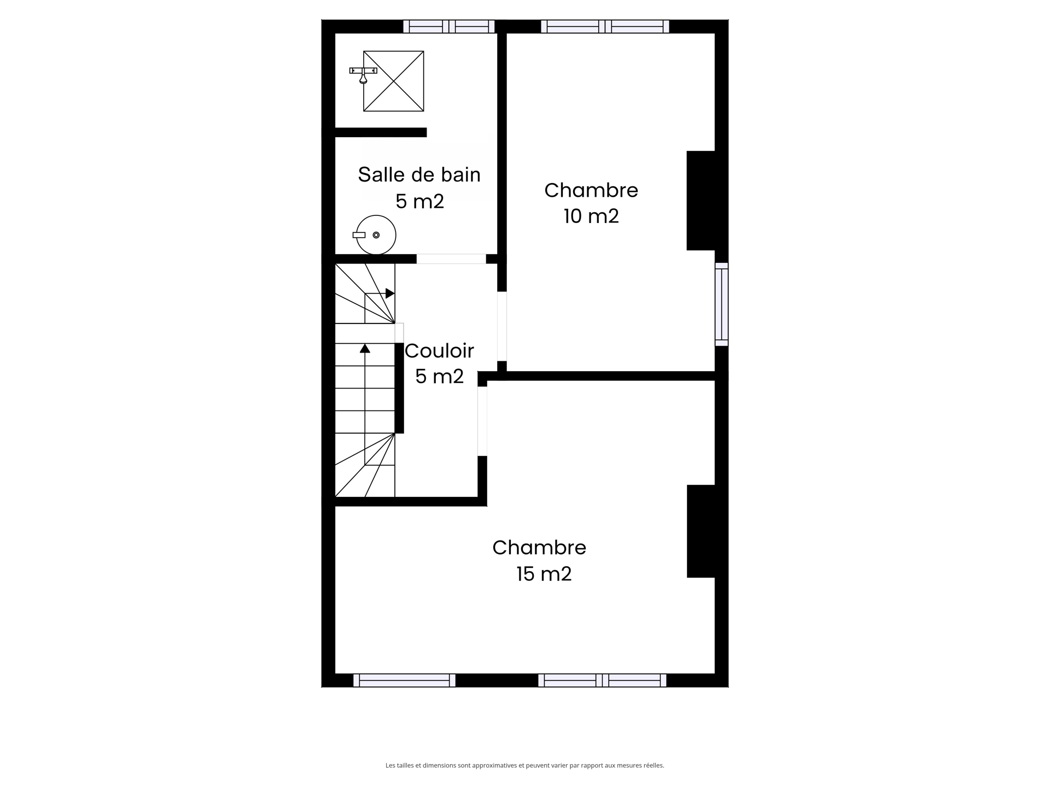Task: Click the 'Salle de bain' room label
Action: click(419, 175)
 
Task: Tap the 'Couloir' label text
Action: click(439, 351)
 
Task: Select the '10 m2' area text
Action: click(591, 216)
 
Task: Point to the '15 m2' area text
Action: click(544, 574)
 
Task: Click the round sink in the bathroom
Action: click(376, 235)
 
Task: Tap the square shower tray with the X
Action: click(394, 81)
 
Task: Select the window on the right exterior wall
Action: click(721, 304)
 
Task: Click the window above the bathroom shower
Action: click(449, 26)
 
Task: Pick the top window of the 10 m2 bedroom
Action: click(605, 26)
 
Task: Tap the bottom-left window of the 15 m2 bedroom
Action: click(404, 680)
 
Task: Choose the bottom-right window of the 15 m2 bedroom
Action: click(602, 680)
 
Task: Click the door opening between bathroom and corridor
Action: click(451, 259)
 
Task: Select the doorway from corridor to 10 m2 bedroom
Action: click(501, 326)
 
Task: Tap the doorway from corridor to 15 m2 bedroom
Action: click(482, 421)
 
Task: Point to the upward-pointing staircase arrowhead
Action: click(365, 348)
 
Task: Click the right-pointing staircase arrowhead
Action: click(390, 293)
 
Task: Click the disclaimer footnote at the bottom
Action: click(524, 766)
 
